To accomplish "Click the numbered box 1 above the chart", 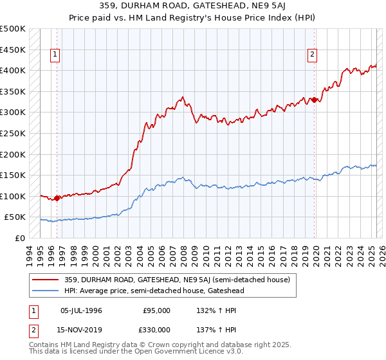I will click(56, 55).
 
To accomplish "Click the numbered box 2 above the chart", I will click(312, 55).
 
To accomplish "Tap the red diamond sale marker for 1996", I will click(57, 198).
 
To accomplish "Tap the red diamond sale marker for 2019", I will click(315, 100).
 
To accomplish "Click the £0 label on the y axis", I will click(19, 238).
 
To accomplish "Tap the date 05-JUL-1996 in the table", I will click(81, 310).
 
